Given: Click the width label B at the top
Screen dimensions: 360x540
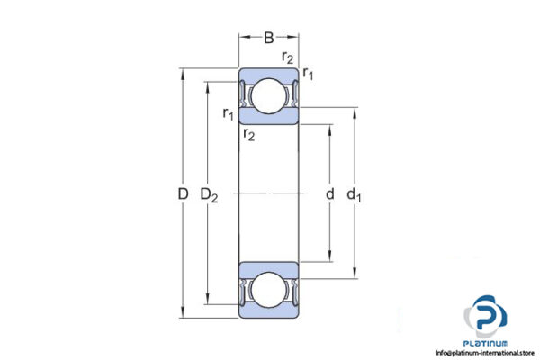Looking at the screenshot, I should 269,38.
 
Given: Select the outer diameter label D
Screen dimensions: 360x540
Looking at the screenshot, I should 183,193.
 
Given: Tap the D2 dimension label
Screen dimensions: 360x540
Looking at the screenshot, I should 210,194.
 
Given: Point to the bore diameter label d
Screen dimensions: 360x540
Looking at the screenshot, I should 329,194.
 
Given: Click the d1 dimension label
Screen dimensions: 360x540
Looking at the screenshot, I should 356,194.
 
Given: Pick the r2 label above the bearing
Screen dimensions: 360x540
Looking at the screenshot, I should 287,58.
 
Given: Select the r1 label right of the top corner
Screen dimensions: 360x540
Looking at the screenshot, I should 308,73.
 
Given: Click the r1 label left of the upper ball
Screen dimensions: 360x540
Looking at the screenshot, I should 228,113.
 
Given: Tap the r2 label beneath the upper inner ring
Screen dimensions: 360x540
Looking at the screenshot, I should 247,135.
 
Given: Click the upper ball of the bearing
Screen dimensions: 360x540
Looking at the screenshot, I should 269,97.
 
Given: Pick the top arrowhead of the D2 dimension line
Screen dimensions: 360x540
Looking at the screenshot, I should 210,84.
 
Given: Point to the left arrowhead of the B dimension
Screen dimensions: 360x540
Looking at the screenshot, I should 241,38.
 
